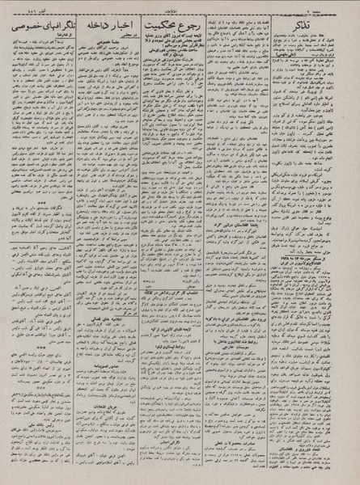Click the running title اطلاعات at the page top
(x=180, y=7)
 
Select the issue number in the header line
(x=24, y=7)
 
